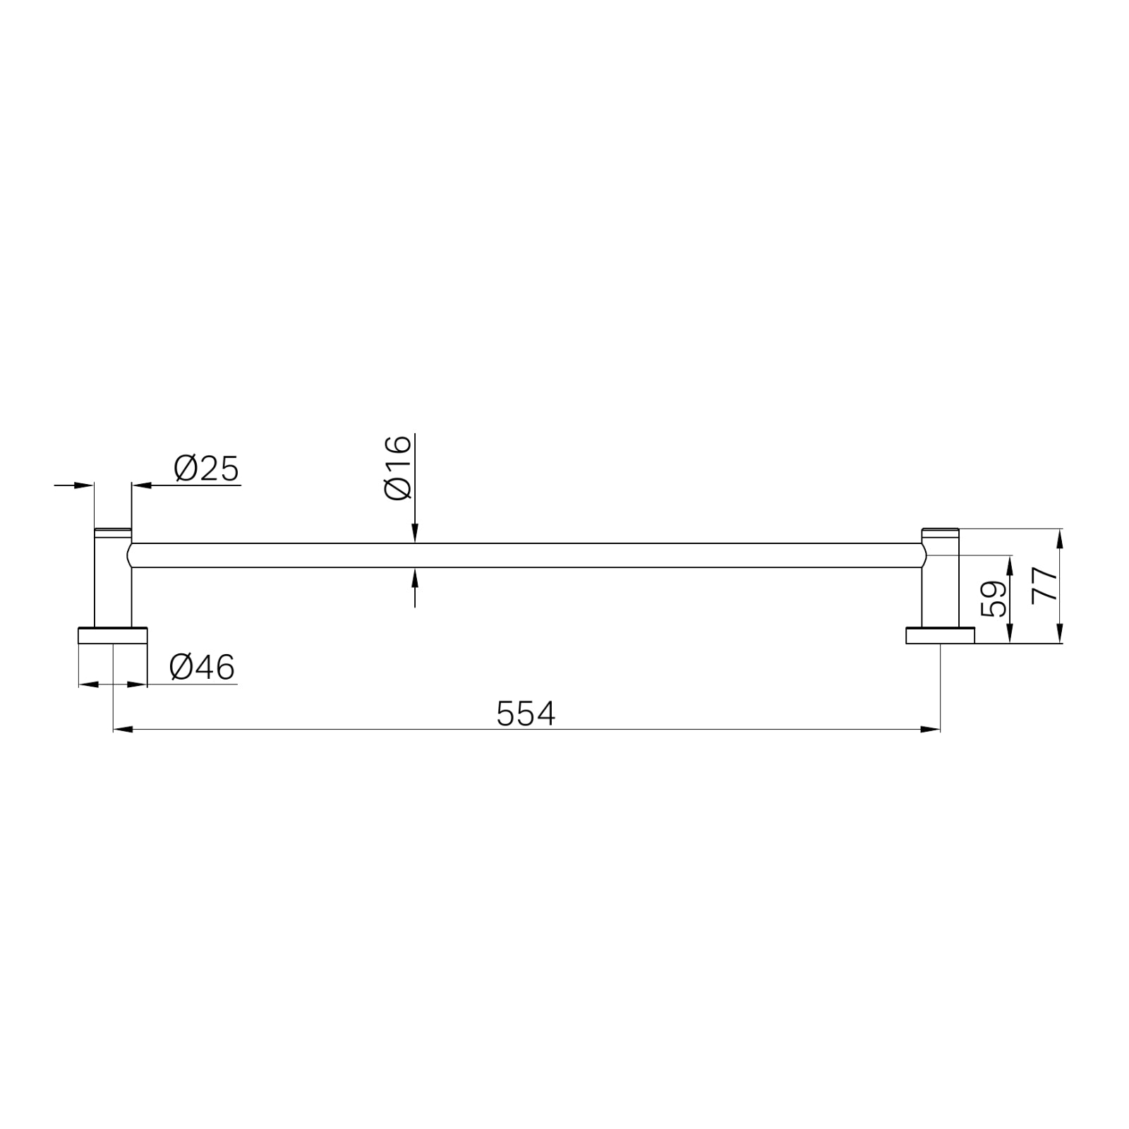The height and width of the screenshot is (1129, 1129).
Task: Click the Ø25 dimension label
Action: tap(206, 469)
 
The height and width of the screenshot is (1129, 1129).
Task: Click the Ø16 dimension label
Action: tap(398, 468)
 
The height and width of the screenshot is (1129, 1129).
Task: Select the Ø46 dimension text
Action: tap(202, 667)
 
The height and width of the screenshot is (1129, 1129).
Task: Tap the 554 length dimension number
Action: tap(526, 713)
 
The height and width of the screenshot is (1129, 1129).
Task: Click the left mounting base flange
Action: tap(113, 635)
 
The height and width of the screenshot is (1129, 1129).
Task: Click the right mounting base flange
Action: tap(940, 635)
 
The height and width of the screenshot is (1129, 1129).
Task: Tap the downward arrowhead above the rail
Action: tap(415, 534)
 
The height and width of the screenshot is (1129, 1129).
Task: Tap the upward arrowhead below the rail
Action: tap(415, 577)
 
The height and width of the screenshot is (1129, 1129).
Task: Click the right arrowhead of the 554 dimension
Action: tap(931, 729)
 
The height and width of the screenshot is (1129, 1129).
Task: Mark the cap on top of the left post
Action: tap(113, 530)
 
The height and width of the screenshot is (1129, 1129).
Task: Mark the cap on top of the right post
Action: tap(940, 530)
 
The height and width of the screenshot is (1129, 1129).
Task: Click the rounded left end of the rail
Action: tap(130, 555)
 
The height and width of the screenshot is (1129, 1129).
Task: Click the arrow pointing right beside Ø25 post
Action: tap(85, 485)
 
